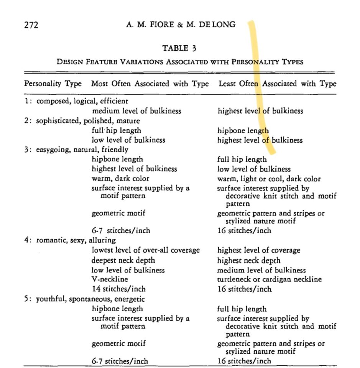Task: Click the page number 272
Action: (31, 25)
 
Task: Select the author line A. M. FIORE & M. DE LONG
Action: (181, 25)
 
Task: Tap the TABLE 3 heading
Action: (180, 48)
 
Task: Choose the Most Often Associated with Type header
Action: (150, 84)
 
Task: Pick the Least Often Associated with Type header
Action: (277, 84)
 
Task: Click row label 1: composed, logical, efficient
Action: (76, 101)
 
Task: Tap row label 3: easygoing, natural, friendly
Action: (76, 149)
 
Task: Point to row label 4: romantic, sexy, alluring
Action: (70, 241)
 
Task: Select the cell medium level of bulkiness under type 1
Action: (136, 111)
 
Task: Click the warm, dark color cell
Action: (120, 179)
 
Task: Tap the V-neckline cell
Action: (110, 279)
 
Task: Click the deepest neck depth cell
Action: (125, 260)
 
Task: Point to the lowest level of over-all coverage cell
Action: (146, 250)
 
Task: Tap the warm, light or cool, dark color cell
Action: (269, 179)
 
